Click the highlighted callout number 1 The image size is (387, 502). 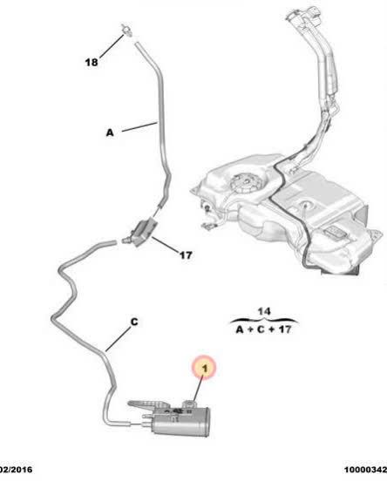click(x=205, y=368)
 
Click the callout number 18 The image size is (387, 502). click(x=92, y=62)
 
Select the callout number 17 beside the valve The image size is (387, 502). click(x=186, y=255)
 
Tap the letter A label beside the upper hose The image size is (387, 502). click(x=110, y=132)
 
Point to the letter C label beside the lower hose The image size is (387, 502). click(x=134, y=322)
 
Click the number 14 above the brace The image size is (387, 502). click(x=264, y=311)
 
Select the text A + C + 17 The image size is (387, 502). click(x=264, y=329)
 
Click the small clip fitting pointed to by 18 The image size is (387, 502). click(x=127, y=31)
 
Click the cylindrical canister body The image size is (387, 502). click(x=180, y=423)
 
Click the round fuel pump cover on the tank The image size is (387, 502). click(x=243, y=183)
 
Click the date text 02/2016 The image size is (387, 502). click(x=16, y=470)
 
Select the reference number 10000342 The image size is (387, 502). click(x=365, y=470)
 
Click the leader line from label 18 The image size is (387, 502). click(x=112, y=46)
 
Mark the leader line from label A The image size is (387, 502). click(x=139, y=126)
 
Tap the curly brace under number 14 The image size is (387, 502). click(x=264, y=320)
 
